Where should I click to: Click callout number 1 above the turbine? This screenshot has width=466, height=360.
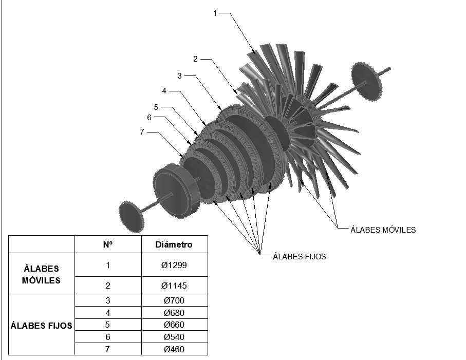(215, 13)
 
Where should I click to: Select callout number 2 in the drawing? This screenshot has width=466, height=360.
(195, 59)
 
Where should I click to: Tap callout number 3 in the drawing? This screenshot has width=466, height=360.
(179, 75)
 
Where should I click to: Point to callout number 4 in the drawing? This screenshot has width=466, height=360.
(164, 91)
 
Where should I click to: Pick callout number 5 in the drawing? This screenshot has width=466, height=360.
(156, 107)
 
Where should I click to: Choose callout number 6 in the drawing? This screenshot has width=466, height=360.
(149, 117)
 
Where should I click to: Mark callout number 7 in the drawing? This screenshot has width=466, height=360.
(142, 132)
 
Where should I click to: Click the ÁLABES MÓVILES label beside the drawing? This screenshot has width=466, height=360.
(383, 230)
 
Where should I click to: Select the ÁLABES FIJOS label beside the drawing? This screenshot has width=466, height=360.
(299, 256)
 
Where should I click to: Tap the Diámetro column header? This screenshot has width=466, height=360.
(174, 245)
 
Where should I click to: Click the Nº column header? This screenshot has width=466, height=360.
(108, 244)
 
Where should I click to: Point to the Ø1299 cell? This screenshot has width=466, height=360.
(174, 265)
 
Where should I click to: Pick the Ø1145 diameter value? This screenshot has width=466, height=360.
(174, 286)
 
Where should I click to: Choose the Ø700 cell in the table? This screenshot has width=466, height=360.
(174, 300)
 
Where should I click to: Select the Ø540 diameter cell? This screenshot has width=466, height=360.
(174, 337)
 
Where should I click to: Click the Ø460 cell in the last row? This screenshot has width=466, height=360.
(174, 349)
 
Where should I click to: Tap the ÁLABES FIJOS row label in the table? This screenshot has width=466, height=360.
(41, 326)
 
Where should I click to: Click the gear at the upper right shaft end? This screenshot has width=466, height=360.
(367, 81)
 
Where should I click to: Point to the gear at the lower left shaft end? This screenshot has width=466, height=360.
(132, 217)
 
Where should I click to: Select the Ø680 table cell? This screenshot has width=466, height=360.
(174, 313)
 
